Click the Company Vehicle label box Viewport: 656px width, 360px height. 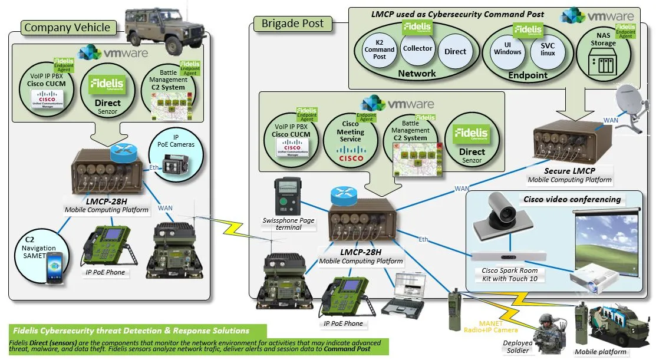point(67,27)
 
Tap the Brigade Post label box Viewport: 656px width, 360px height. point(292,24)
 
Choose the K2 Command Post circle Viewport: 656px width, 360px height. point(380,51)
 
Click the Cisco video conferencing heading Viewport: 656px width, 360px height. point(572,199)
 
